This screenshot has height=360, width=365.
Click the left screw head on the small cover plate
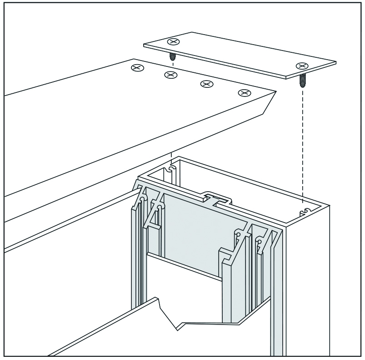[173, 42]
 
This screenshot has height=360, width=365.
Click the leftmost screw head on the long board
[137, 68]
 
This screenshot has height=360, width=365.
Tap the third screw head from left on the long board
[207, 84]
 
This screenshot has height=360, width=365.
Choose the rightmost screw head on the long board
[245, 93]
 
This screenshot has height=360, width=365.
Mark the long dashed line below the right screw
[302, 146]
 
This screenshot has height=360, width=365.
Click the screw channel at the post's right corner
[305, 211]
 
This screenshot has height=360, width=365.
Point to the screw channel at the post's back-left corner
[170, 169]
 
